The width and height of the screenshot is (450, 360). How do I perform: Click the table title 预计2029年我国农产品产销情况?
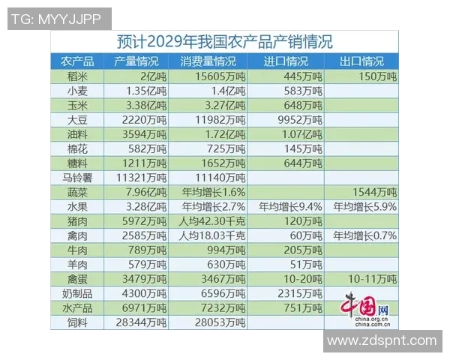point(225,42)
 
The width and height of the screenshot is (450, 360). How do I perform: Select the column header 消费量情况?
point(207,61)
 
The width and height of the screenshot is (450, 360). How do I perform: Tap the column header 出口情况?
point(361,61)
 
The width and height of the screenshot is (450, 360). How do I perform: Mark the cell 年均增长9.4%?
point(289,206)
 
